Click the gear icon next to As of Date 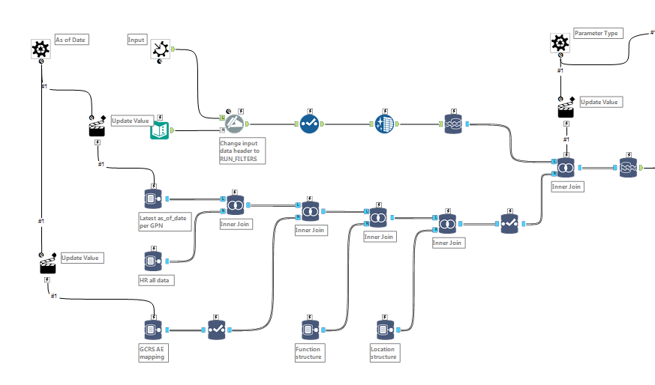point(41,49)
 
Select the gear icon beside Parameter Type point(560,43)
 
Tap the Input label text point(137,40)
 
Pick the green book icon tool point(161,130)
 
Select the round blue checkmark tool point(310,124)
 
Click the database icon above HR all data point(153,261)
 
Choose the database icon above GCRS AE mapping point(153,330)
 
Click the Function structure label point(309,352)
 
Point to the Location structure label point(383,352)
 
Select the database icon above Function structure point(309,330)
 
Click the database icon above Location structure point(383,330)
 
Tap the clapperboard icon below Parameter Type point(566,110)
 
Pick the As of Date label point(71,40)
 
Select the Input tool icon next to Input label point(160,49)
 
